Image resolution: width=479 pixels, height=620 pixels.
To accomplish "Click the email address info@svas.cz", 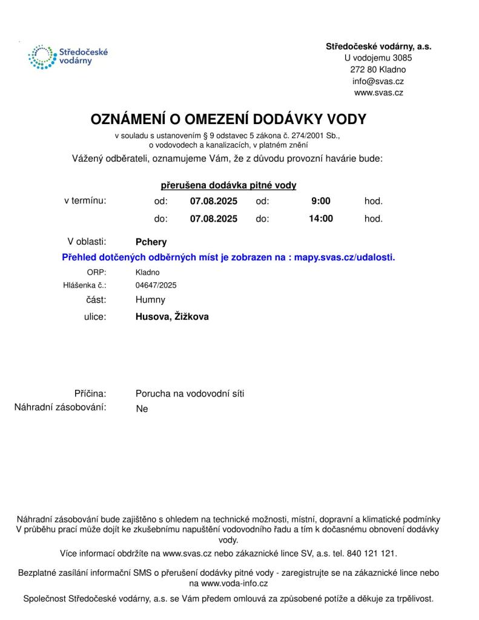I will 378,81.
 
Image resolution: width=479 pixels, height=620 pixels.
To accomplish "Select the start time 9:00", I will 320,201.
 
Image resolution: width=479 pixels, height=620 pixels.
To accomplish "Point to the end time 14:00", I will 320,219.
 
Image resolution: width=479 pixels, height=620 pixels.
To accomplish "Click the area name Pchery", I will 151,242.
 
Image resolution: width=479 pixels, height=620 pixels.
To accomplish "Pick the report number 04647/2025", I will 156,285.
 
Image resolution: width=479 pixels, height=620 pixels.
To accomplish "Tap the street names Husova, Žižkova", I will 172,316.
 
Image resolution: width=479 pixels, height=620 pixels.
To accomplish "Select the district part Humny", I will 150,300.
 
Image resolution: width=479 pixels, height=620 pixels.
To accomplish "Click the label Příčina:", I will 90,394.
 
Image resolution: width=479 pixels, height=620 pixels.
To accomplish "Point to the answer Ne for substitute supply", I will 142,409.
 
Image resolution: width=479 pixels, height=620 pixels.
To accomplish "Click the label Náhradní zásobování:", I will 61,407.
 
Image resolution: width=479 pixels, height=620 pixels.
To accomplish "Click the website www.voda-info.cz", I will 234,584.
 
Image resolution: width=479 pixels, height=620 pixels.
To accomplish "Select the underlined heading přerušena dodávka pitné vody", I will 228,185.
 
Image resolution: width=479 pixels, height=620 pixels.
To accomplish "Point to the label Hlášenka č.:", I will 85,285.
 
